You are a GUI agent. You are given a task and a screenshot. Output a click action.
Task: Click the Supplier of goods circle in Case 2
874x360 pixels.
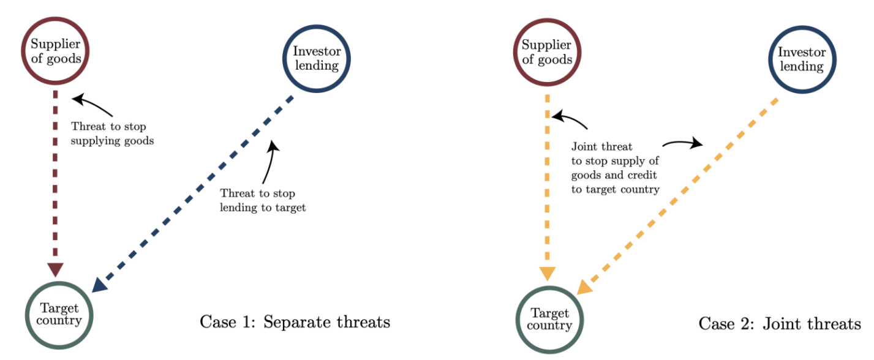(x=547, y=20)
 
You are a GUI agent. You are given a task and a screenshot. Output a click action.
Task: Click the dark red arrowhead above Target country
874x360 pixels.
(x=55, y=269)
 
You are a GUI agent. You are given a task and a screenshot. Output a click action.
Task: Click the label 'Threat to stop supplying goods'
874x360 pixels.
(x=112, y=133)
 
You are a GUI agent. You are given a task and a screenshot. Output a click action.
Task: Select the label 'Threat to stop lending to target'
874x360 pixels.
(x=263, y=200)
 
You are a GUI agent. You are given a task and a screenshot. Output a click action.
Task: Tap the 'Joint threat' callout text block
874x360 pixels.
(x=616, y=168)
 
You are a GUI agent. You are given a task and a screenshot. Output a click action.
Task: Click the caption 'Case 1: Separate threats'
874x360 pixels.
(x=295, y=322)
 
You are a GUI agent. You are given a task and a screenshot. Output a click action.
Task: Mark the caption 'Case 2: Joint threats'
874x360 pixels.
(x=780, y=324)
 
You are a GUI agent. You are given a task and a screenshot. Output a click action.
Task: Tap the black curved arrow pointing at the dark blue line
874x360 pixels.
(x=270, y=162)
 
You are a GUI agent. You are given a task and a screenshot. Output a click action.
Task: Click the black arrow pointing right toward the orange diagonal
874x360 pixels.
(x=683, y=143)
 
